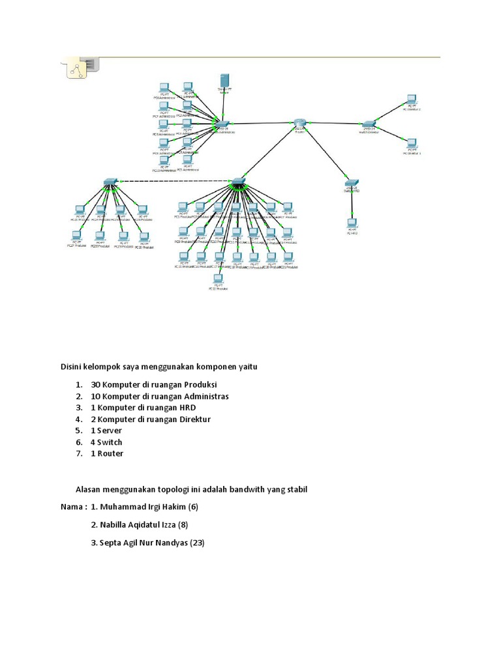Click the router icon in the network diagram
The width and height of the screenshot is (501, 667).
(299, 122)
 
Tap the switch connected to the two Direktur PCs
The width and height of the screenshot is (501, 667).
(369, 124)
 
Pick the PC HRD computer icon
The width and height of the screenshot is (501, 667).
(352, 223)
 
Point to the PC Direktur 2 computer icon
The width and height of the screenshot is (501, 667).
(410, 100)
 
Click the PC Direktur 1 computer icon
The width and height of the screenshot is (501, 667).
(410, 144)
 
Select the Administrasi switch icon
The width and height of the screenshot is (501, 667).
(222, 124)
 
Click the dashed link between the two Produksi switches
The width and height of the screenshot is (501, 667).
(173, 180)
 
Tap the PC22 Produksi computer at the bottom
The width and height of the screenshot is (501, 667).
(219, 280)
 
